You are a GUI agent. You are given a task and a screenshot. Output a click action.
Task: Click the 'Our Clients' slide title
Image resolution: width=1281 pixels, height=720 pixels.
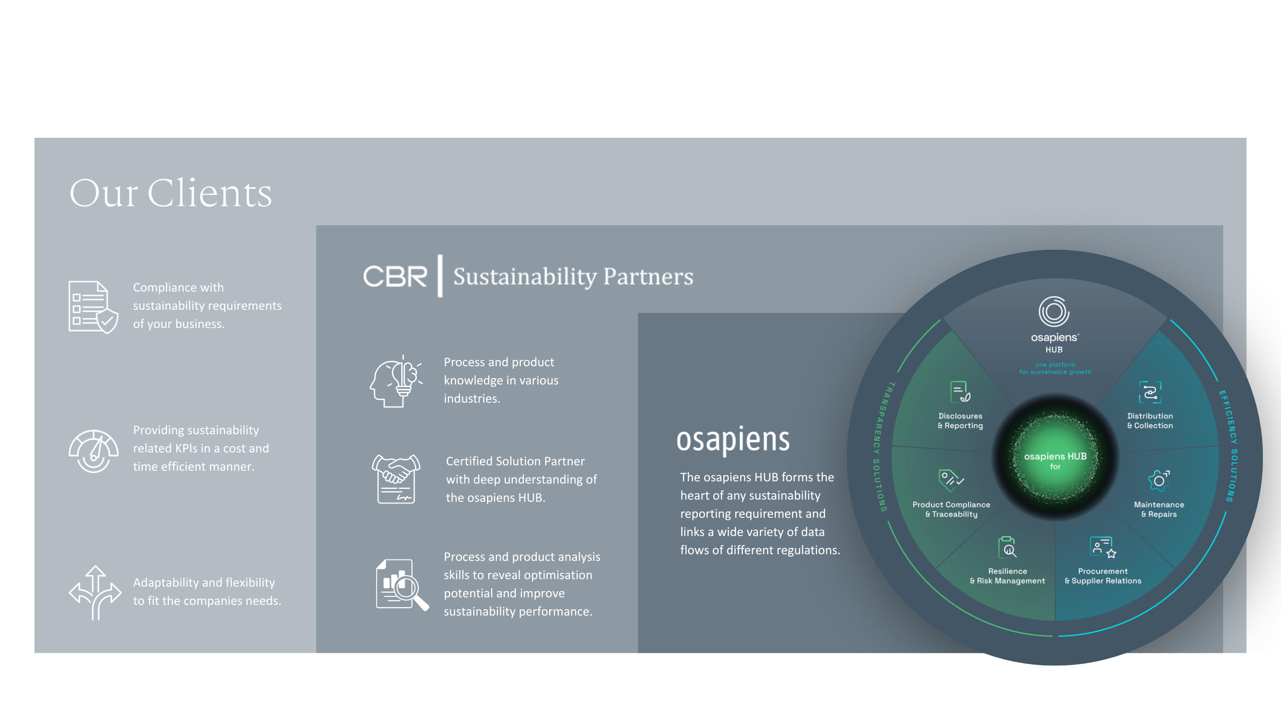170,193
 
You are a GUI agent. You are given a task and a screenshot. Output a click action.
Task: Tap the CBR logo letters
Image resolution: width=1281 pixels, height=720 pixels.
395,276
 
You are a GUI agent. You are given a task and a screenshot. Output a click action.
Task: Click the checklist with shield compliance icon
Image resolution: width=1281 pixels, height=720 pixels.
93,307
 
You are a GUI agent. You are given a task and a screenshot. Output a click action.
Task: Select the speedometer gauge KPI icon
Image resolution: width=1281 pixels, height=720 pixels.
93,451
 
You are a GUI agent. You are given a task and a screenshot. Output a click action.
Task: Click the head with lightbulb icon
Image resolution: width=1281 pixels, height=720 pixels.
396,382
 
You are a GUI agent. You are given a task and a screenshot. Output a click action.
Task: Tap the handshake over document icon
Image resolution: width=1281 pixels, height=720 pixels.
396,479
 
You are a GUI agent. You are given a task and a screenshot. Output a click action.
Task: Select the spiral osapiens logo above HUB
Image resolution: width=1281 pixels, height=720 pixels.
1054,312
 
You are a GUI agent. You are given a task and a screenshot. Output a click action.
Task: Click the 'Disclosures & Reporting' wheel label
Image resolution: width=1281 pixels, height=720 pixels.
960,420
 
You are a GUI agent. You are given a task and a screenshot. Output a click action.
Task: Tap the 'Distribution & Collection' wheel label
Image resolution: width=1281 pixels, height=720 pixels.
1150,420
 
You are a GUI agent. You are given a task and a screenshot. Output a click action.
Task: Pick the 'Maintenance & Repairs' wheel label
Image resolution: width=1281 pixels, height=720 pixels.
1159,509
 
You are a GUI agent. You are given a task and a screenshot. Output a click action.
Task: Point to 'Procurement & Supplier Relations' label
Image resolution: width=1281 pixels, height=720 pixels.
1103,576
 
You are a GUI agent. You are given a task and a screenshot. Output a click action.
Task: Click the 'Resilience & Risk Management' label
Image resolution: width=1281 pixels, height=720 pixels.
1007,576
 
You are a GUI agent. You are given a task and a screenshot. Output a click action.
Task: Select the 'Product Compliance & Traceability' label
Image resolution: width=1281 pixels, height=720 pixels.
951,509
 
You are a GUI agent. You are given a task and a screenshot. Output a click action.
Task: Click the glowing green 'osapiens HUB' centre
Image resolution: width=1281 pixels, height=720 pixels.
1055,458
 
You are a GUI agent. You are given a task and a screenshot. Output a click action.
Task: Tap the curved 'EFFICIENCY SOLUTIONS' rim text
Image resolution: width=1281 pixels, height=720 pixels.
1229,446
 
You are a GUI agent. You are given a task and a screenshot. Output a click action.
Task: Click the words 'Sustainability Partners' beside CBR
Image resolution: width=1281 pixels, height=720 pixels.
573,276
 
